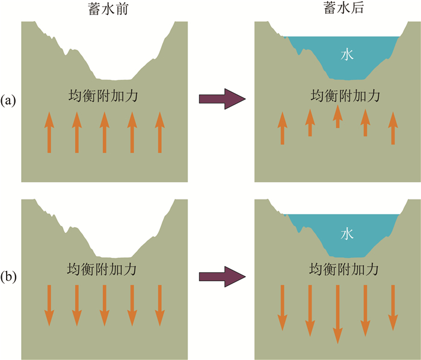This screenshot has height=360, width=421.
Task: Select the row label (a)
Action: point(9,100)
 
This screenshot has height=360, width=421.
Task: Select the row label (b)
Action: point(9,277)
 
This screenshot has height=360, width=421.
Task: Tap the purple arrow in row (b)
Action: point(223,277)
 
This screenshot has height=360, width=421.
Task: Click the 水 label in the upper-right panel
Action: point(347,55)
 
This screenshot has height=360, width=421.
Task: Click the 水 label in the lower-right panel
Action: point(347,233)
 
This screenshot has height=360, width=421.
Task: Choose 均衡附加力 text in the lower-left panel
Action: point(105,269)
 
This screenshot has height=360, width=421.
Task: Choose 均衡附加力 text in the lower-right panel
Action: point(337,269)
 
